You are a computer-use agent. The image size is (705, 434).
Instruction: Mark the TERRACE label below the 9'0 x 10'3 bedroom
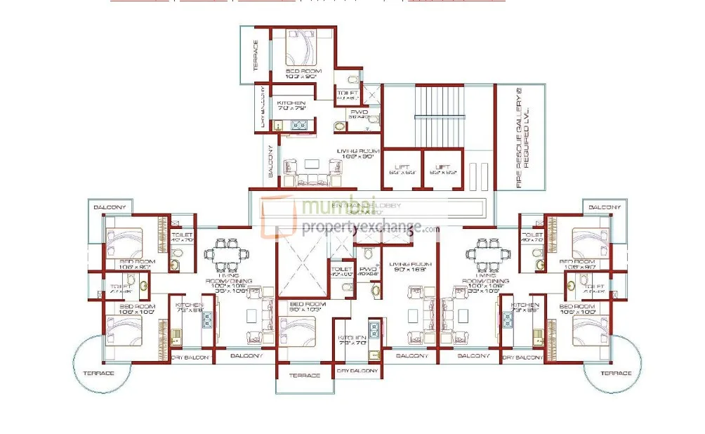(x=305, y=376)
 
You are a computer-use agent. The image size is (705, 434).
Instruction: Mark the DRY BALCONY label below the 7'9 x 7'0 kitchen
(x=357, y=370)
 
